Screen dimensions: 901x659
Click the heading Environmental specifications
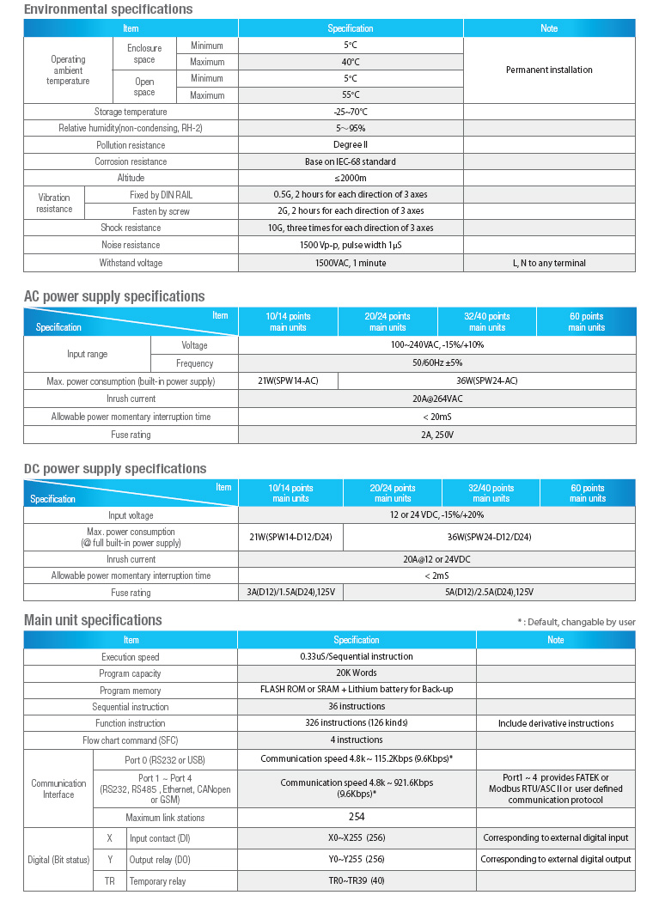point(108,9)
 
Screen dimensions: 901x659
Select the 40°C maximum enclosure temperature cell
point(351,62)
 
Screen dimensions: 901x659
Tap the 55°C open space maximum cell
point(351,95)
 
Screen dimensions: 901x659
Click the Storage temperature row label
point(131,112)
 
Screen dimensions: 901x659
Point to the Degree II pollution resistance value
point(351,145)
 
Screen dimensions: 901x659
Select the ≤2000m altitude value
point(351,178)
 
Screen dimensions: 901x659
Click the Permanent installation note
point(549,70)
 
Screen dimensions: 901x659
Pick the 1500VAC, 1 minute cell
point(351,263)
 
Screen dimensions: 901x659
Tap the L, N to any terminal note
point(549,263)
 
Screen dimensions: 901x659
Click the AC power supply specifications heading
point(114,296)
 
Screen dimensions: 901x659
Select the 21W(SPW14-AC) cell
point(288,380)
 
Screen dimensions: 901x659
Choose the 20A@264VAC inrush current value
point(437,399)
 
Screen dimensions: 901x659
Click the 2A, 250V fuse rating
point(437,435)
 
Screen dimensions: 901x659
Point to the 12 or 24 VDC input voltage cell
point(437,515)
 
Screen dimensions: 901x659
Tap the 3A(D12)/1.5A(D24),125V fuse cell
point(290,593)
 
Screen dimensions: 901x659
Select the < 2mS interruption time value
point(437,575)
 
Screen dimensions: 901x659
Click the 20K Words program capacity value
point(356,673)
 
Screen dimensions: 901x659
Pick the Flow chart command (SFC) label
point(131,740)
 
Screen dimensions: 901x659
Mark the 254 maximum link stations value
point(356,818)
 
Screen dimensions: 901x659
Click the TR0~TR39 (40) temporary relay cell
point(356,881)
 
